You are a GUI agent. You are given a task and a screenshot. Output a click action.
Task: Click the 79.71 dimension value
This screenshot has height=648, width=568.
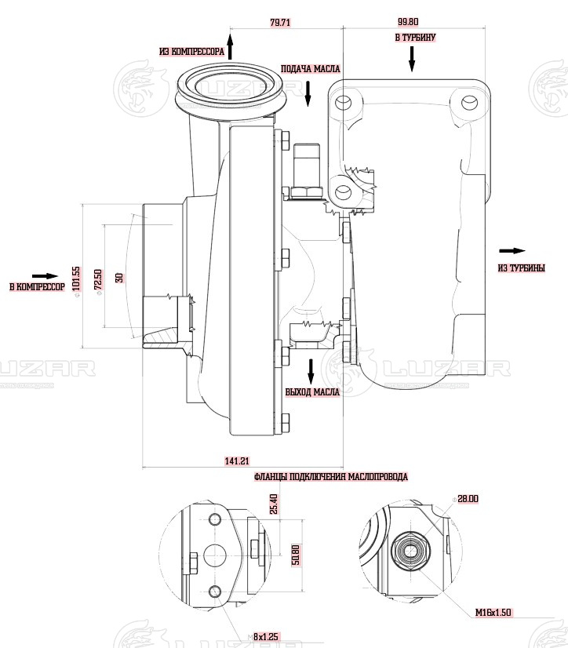tap(280, 24)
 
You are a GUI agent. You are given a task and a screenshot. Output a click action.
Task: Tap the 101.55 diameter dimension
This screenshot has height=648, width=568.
tap(76, 278)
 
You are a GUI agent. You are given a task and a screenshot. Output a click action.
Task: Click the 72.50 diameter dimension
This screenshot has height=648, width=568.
tap(98, 279)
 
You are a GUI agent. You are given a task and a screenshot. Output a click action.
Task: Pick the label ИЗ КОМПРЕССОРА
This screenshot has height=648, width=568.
tap(192, 52)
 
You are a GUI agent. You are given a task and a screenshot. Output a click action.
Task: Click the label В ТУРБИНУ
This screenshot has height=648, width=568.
tap(415, 37)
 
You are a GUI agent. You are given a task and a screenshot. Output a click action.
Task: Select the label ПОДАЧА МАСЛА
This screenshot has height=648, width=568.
tap(310, 69)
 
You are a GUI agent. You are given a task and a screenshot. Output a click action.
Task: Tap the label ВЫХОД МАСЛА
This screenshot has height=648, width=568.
tap(312, 391)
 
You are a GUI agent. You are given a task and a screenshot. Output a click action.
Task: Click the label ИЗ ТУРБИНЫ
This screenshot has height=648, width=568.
tap(521, 268)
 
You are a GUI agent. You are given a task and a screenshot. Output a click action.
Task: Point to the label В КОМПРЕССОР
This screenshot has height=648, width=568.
tap(37, 288)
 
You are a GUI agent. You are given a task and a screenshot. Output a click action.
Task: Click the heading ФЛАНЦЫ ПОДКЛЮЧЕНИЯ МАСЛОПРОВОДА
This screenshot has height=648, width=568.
tap(331, 477)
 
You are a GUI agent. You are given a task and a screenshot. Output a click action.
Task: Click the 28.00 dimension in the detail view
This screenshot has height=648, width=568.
tap(468, 498)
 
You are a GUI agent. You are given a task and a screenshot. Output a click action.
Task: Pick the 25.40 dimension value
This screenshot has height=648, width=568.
tap(273, 504)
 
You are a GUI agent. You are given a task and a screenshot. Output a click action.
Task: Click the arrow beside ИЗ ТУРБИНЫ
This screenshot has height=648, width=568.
tap(512, 251)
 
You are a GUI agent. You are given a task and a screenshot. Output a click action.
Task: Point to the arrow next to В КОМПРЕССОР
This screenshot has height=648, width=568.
tap(46, 276)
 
